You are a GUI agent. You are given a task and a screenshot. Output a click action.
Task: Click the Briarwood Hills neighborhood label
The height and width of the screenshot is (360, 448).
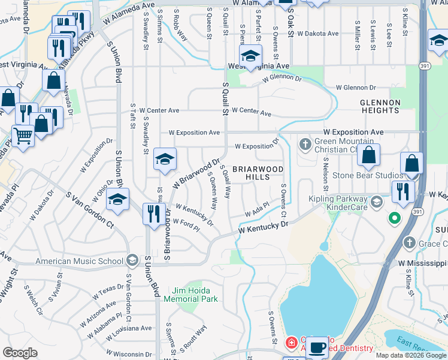point(258,173)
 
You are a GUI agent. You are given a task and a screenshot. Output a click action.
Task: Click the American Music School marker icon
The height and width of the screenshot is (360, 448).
point(132,260)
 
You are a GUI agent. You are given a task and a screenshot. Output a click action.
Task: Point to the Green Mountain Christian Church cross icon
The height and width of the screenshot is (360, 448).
point(305,144)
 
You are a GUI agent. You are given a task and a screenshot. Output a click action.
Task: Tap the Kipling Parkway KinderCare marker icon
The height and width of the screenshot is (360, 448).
point(376,199)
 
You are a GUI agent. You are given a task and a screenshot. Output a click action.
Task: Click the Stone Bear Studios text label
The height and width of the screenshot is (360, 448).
point(367,175)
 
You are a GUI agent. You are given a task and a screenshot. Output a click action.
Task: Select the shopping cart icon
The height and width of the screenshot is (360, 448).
point(22,136)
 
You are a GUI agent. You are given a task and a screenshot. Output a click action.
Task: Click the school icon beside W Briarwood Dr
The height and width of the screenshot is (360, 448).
point(165,160)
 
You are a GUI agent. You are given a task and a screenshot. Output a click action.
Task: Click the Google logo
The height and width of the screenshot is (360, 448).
point(20,353)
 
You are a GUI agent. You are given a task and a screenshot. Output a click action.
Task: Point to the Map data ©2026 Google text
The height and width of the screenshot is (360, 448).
point(411,355)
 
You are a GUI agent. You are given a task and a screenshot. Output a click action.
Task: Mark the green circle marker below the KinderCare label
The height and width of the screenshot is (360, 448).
point(394,218)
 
